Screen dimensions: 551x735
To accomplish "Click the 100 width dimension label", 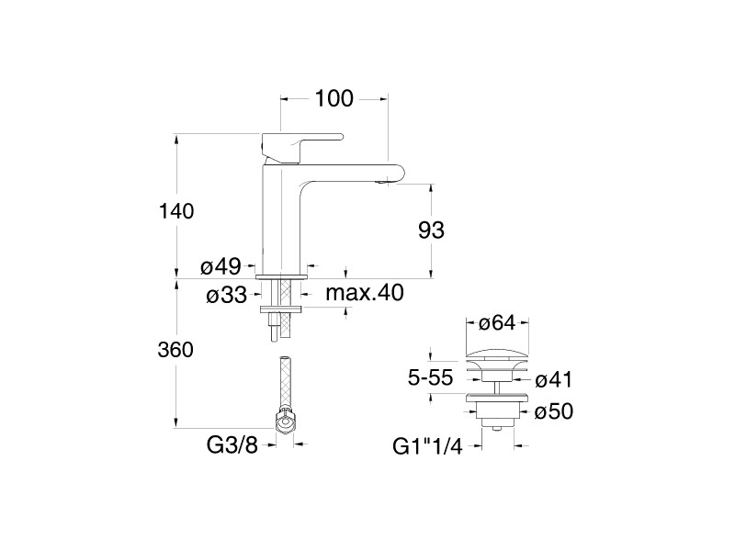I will pyautogui.click(x=334, y=98).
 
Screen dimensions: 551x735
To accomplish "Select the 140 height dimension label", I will pyautogui.click(x=175, y=211).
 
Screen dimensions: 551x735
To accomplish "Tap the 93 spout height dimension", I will pyautogui.click(x=431, y=231).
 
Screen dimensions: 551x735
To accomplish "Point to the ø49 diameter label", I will pyautogui.click(x=220, y=267).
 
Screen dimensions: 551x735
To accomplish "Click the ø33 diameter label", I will pyautogui.click(x=225, y=295).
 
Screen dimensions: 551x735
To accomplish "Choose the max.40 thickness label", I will pyautogui.click(x=366, y=293).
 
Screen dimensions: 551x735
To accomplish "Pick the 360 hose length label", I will pyautogui.click(x=175, y=350).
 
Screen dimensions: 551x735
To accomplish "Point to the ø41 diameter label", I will pyautogui.click(x=553, y=378).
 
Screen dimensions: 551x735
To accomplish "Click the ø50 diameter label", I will pyautogui.click(x=553, y=412).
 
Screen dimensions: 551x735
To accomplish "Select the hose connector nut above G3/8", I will pyautogui.click(x=286, y=422).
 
